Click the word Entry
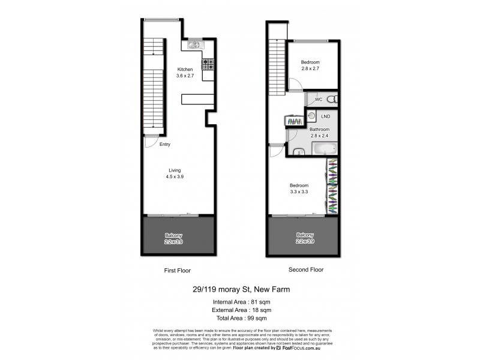[x=165, y=145]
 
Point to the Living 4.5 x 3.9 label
[x=175, y=173]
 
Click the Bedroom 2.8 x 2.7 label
[x=310, y=66]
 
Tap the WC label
[x=319, y=100]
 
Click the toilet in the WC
[x=335, y=100]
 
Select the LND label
[x=326, y=116]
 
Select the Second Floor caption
[x=306, y=270]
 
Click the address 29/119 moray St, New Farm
[x=242, y=289]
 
